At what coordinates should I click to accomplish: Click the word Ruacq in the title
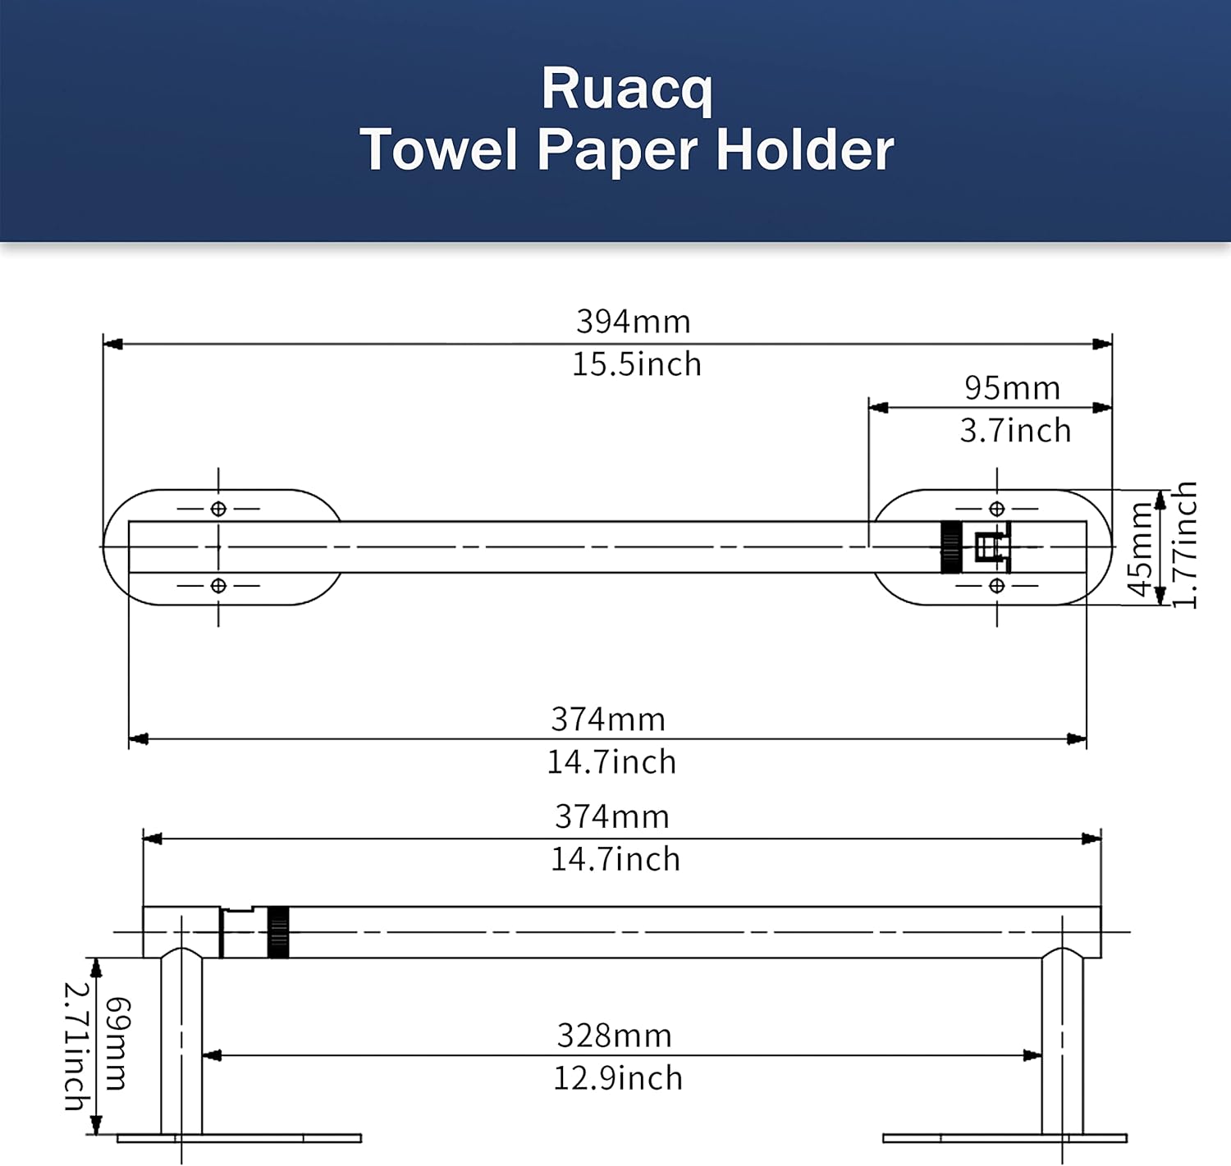(626, 89)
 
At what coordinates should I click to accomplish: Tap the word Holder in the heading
(804, 150)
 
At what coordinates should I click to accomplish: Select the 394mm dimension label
(633, 321)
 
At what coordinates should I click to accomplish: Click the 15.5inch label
(636, 364)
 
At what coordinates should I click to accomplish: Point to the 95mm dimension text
(1012, 388)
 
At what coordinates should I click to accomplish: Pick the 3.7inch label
(1015, 431)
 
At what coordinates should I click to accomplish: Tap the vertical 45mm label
(1140, 549)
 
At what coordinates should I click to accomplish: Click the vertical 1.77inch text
(1184, 545)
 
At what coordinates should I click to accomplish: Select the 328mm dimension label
(614, 1036)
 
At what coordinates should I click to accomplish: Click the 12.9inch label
(617, 1078)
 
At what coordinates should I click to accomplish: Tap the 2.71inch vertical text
(76, 1046)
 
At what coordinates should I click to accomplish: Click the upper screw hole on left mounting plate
(218, 509)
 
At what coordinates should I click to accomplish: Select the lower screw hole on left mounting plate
(218, 586)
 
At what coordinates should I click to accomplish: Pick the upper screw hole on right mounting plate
(996, 509)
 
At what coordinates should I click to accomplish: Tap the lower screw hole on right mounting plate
(996, 586)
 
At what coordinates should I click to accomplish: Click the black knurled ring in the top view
(950, 547)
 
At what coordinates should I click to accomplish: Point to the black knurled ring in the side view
(278, 932)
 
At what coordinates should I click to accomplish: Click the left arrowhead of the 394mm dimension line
(112, 344)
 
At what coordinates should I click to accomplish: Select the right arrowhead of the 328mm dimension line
(1033, 1055)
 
